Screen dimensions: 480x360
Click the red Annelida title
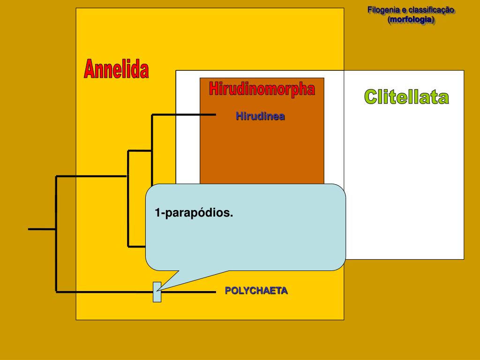(x=116, y=70)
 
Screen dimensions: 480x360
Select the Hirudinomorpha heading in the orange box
(x=262, y=89)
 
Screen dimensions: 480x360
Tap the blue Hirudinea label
(x=260, y=116)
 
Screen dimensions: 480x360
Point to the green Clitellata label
(x=406, y=97)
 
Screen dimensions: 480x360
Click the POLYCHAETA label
(x=256, y=291)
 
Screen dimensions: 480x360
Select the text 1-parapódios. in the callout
(x=194, y=213)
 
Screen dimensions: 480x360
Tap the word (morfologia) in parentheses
(x=411, y=20)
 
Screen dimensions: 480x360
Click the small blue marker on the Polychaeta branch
(x=157, y=292)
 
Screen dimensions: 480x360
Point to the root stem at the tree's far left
(x=42, y=229)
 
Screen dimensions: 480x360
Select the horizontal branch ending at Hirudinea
(x=184, y=114)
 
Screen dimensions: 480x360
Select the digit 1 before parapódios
(x=157, y=213)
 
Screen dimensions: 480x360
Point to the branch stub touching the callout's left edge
(x=137, y=246)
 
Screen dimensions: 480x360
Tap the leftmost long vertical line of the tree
(x=56, y=234)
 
